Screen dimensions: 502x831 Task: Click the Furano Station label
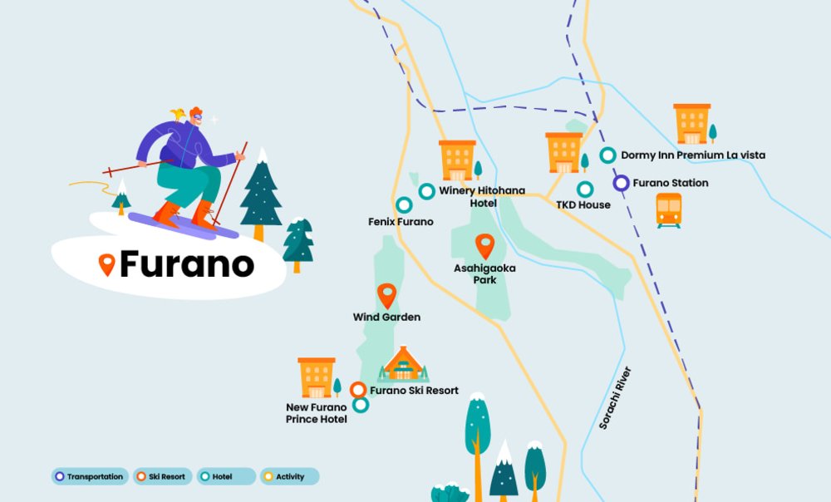click(x=671, y=183)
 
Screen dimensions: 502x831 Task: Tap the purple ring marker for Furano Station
click(x=622, y=183)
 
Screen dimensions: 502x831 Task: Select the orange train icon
click(x=669, y=209)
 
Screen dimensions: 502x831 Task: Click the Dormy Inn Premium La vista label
click(x=693, y=155)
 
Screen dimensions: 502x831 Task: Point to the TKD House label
click(x=583, y=205)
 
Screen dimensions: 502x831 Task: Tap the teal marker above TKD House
click(x=585, y=189)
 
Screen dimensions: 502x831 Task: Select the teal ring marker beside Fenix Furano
click(x=404, y=204)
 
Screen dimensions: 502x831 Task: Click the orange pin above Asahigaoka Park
click(x=484, y=246)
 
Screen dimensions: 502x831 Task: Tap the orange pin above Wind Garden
click(x=386, y=296)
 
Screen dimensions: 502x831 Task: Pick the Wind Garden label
click(x=386, y=317)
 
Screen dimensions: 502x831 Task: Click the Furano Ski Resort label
click(x=414, y=391)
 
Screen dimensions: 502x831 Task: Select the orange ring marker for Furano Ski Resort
click(x=358, y=390)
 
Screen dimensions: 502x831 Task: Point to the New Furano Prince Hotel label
click(x=317, y=413)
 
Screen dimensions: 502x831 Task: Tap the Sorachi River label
click(x=616, y=398)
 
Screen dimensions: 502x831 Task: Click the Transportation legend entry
click(x=90, y=476)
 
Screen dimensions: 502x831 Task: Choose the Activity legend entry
click(x=289, y=476)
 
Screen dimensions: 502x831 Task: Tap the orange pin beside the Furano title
click(x=106, y=264)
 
